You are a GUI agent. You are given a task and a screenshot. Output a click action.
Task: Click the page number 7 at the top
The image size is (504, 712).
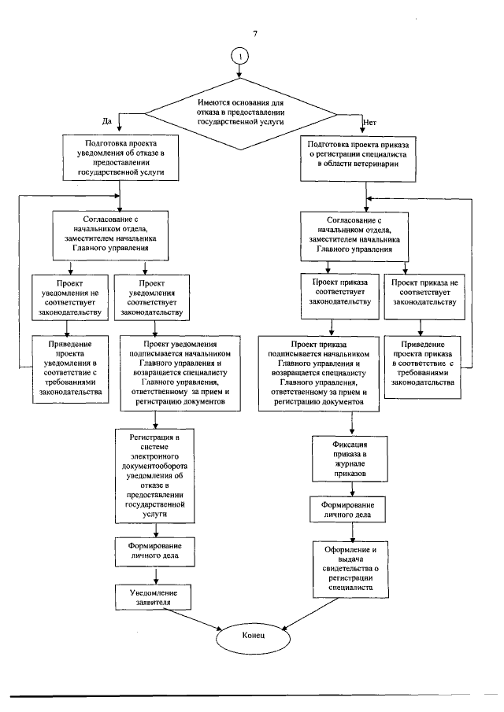(x=255, y=35)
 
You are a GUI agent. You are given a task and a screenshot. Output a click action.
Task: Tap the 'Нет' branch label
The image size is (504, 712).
(x=370, y=121)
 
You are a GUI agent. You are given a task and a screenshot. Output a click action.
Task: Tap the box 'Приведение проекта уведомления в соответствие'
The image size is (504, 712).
(x=70, y=368)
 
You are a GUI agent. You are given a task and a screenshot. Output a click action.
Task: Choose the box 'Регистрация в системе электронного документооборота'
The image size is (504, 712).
(x=150, y=477)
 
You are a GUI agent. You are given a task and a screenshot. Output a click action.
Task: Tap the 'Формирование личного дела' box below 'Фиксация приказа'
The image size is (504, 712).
(x=351, y=509)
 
